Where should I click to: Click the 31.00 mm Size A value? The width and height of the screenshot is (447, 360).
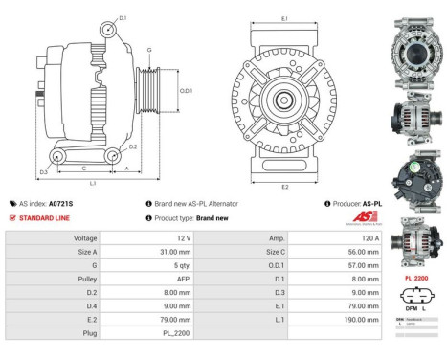tap(161, 250)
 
